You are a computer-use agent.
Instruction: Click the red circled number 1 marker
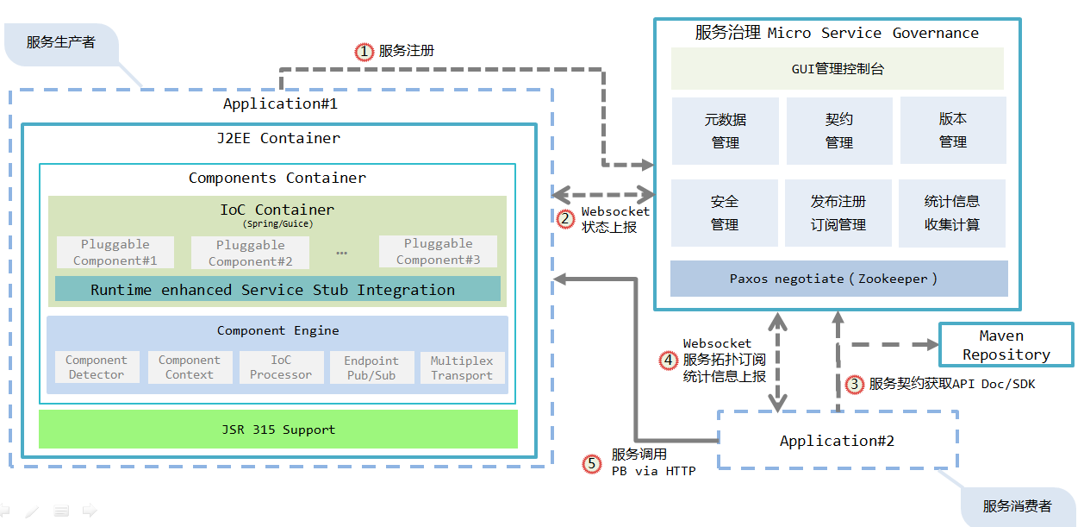365,52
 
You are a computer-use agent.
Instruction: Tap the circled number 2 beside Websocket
565,219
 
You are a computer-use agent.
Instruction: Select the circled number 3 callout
854,385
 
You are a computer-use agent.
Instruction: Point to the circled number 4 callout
668,361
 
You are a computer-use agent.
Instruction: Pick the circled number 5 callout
591,464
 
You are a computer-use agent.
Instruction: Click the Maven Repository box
1006,345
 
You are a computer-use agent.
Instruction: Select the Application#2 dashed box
837,440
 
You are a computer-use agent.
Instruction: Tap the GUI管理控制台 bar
838,69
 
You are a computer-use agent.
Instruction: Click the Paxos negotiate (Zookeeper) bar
838,279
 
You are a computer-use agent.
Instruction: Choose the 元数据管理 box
725,130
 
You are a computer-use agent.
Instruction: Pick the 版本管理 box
953,130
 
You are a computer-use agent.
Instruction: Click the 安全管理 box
725,212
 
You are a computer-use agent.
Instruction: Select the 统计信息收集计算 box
952,212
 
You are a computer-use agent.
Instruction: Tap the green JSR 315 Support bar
277,430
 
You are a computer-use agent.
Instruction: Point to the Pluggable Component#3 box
438,252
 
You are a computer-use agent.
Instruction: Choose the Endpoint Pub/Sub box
371,367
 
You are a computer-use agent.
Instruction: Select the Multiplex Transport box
462,367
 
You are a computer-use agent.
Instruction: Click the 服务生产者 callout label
61,42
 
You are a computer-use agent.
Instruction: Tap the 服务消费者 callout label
1017,506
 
